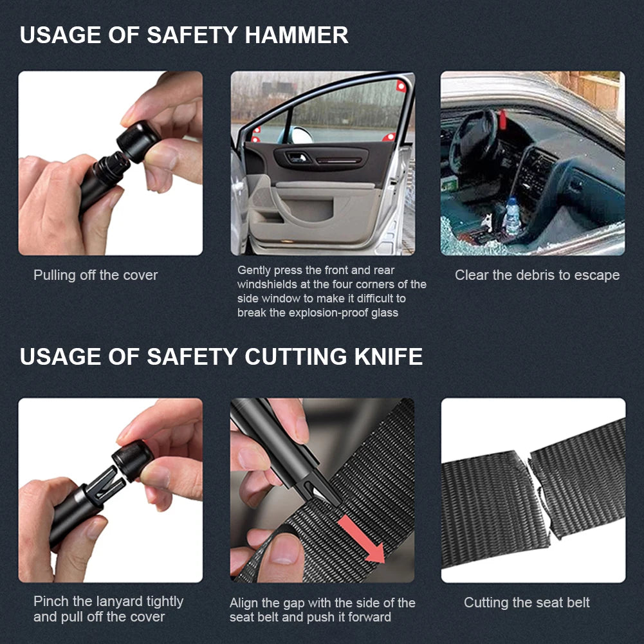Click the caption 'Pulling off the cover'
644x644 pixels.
95,275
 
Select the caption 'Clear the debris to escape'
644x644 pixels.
537,275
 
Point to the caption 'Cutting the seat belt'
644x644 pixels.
527,603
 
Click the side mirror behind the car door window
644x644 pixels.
301,134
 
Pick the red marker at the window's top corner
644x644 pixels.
401,87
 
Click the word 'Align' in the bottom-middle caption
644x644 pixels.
244,603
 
